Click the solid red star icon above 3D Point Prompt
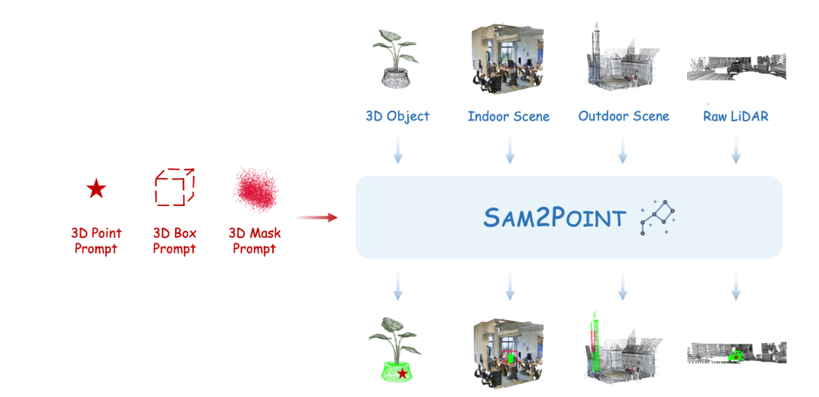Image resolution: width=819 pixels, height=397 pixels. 96,189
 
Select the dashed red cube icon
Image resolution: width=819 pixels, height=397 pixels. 174,187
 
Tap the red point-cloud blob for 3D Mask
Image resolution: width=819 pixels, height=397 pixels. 254,189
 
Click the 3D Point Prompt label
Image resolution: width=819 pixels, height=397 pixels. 96,241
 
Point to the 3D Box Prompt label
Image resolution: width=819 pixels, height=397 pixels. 174,241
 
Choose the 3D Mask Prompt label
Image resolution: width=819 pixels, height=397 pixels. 254,241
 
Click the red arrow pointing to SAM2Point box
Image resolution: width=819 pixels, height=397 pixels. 316,218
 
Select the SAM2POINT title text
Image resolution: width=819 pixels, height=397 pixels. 554,218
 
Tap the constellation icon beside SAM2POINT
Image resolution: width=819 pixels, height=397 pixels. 657,218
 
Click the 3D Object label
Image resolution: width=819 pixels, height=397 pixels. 397,117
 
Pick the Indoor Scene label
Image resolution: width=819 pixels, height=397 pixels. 509,117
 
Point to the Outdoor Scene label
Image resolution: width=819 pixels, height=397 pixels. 623,117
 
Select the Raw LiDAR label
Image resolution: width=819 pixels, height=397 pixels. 736,117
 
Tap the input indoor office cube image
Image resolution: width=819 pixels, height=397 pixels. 509,59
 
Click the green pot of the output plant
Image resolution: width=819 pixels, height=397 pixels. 400,371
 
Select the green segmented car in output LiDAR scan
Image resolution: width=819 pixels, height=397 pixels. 733,355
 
